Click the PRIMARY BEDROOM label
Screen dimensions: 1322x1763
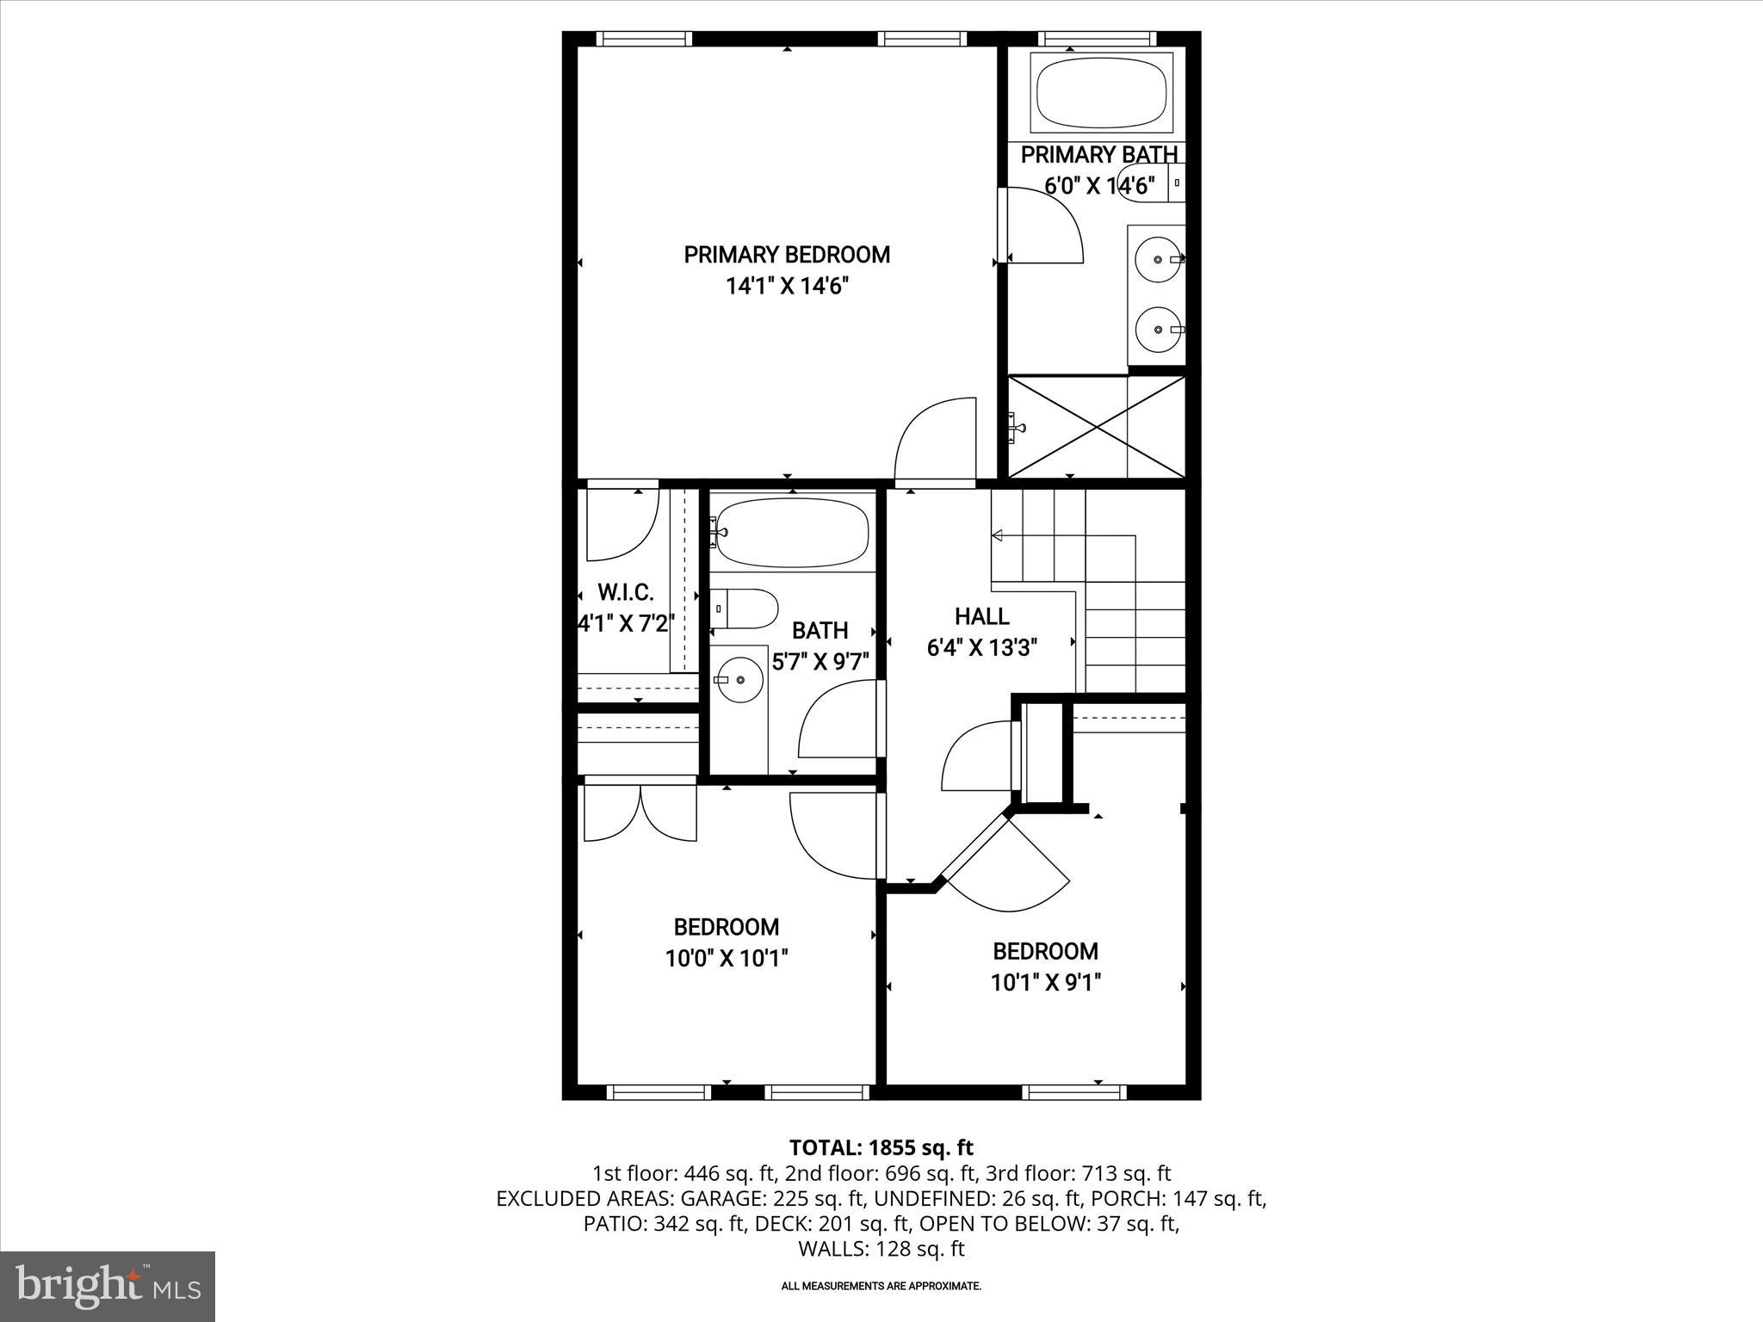[x=786, y=255]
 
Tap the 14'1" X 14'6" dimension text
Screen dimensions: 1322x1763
[x=786, y=287]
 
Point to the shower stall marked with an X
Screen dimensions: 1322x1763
[x=1096, y=426]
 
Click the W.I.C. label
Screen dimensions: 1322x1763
[x=626, y=592]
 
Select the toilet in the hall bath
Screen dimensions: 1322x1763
[x=745, y=608]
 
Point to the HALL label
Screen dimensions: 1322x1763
[x=981, y=616]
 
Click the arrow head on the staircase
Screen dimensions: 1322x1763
[x=998, y=535]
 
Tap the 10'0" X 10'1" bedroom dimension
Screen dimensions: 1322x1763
[x=727, y=958]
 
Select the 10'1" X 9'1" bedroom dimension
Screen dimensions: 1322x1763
[x=1045, y=982]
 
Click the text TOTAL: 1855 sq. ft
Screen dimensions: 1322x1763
[x=881, y=1147]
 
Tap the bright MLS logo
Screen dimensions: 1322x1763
[x=108, y=1286]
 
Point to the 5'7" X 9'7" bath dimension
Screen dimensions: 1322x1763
[x=820, y=662]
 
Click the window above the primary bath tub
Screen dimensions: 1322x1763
[x=1095, y=38]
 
